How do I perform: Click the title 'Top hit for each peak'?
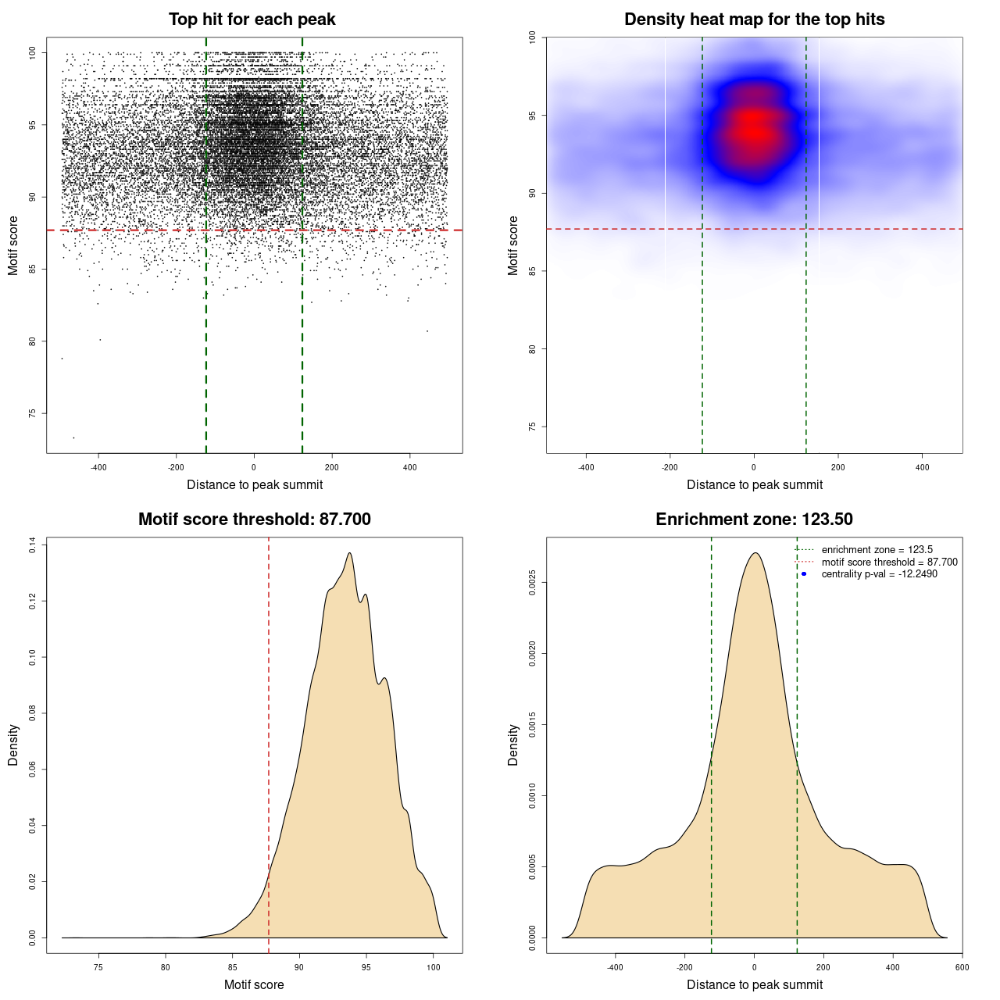(x=252, y=20)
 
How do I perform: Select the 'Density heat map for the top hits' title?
(x=754, y=20)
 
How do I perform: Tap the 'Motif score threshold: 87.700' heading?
(x=254, y=520)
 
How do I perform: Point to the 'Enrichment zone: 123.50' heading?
(x=754, y=520)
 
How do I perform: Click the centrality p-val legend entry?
(x=879, y=574)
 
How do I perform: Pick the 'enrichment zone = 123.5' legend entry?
(x=877, y=550)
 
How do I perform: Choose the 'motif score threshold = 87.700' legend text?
(x=889, y=562)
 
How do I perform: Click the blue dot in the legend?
(x=804, y=574)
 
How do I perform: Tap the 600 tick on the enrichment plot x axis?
(x=962, y=967)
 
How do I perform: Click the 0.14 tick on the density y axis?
(x=32, y=545)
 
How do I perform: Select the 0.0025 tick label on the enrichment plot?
(x=532, y=583)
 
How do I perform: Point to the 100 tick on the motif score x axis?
(x=434, y=967)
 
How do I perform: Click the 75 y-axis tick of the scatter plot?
(x=32, y=413)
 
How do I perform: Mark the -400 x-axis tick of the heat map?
(x=586, y=467)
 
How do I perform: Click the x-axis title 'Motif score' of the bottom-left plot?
(x=254, y=984)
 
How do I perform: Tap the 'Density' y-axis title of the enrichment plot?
(x=513, y=745)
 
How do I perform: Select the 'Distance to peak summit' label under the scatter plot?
(x=255, y=484)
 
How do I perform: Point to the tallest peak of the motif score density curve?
(x=349, y=553)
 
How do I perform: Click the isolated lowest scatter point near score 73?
(x=74, y=437)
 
